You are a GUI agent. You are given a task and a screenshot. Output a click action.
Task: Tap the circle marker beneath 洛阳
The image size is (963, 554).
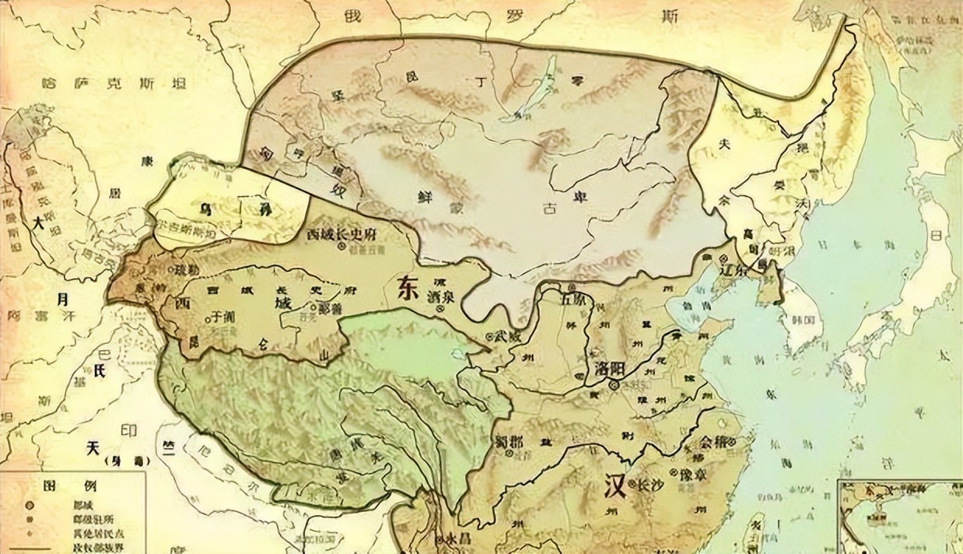pyautogui.click(x=614, y=384)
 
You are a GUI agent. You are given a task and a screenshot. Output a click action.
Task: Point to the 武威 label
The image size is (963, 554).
pyautogui.click(x=508, y=335)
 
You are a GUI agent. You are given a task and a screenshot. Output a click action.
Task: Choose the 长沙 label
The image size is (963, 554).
pyautogui.click(x=652, y=482)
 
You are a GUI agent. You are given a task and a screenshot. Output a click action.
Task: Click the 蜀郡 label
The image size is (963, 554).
pyautogui.click(x=508, y=441)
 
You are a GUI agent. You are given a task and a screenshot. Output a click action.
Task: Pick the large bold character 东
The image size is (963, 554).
pyautogui.click(x=406, y=288)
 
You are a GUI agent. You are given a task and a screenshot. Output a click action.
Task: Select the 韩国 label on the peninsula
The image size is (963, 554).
pyautogui.click(x=804, y=319)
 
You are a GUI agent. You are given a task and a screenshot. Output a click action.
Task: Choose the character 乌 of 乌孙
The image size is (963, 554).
pyautogui.click(x=205, y=209)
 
